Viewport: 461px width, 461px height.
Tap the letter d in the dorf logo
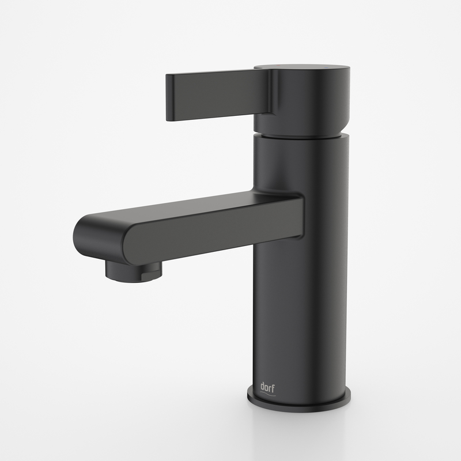[262, 387]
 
